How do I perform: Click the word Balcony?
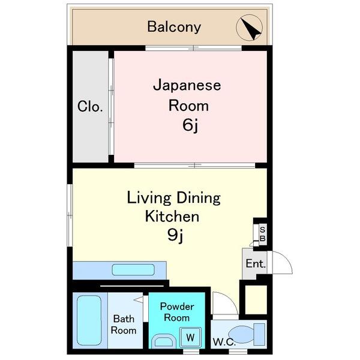click(x=174, y=27)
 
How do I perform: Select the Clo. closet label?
click(x=91, y=107)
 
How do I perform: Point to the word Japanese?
click(x=187, y=85)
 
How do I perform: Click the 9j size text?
click(x=175, y=235)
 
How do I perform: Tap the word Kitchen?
click(x=172, y=216)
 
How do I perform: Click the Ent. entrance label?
click(x=255, y=264)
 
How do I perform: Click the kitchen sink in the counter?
click(x=133, y=270)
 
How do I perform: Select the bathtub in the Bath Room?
click(x=89, y=320)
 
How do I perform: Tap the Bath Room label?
click(x=124, y=325)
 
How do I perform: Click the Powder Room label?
click(x=177, y=311)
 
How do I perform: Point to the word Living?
click(x=148, y=197)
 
